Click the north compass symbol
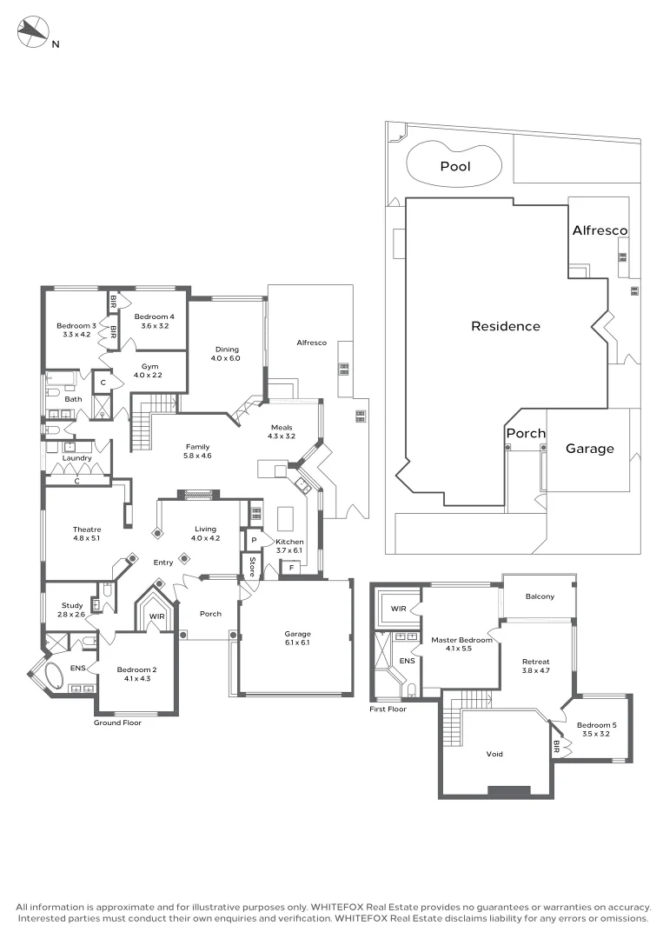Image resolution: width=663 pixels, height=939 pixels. click(32, 32)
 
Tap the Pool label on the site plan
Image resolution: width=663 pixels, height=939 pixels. click(455, 166)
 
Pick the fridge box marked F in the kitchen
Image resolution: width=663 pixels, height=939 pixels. click(291, 567)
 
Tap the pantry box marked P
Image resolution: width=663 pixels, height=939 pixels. click(254, 540)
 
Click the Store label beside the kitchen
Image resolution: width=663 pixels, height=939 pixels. click(252, 567)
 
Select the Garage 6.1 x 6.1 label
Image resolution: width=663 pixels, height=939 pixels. click(297, 638)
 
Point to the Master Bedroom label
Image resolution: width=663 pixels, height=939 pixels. click(461, 640)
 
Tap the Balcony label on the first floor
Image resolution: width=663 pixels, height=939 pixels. click(540, 596)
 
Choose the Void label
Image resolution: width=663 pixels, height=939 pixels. click(494, 754)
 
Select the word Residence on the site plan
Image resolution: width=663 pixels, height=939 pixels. click(506, 326)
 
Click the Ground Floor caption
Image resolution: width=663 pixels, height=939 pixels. click(117, 723)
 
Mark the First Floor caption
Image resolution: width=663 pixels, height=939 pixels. click(388, 709)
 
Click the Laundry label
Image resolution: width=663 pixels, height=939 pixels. click(76, 458)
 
